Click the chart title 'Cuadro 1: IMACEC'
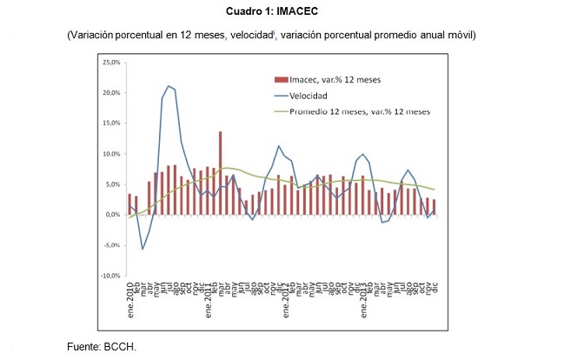[x=271, y=11]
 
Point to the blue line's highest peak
[x=169, y=86]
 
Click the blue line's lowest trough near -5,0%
[x=143, y=250]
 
